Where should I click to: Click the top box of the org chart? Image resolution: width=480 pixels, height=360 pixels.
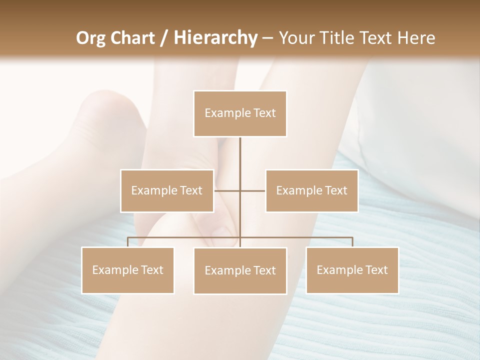[240, 113]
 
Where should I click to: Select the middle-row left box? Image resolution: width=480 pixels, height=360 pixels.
[167, 190]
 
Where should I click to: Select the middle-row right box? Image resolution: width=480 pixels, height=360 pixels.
[311, 190]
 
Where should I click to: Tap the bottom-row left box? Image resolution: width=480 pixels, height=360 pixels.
[127, 270]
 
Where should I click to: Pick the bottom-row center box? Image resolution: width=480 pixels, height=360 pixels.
[240, 270]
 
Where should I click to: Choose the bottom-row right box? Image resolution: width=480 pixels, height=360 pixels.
[352, 270]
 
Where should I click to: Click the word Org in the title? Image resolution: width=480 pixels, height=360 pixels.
[91, 38]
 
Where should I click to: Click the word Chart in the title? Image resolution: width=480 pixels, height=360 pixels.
[133, 38]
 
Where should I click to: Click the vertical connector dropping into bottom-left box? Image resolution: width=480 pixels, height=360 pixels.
[127, 242]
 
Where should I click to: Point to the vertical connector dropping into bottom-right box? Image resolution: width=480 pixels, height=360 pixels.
[352, 242]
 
